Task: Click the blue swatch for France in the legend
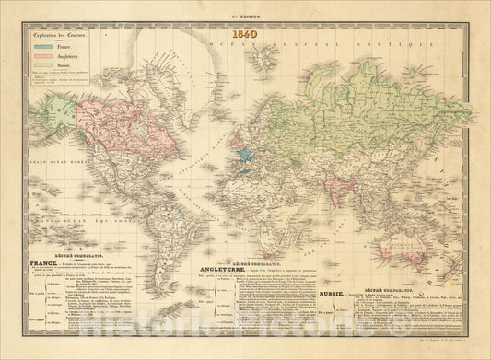(42, 56)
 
